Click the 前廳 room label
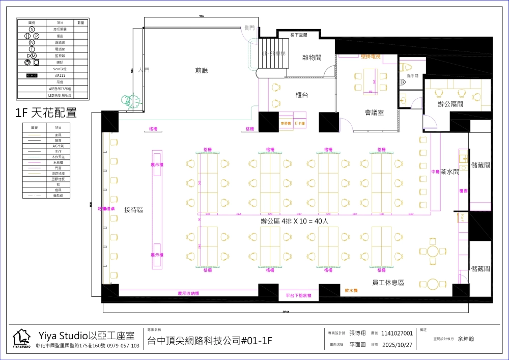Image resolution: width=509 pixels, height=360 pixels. click(202, 70)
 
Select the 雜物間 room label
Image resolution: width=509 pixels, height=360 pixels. click(312, 58)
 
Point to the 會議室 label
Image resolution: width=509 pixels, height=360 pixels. click(374, 112)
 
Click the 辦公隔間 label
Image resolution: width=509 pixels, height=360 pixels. click(450, 104)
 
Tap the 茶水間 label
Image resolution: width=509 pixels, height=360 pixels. click(449, 172)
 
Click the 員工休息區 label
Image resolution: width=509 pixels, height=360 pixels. click(387, 282)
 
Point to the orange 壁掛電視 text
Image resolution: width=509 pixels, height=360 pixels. click(371, 57)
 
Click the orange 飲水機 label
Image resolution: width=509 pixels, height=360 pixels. click(351, 290)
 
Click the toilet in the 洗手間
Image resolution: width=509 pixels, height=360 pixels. click(407, 67)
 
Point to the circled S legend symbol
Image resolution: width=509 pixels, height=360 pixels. click(32, 30)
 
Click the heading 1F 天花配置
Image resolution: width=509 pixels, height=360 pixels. click(46, 113)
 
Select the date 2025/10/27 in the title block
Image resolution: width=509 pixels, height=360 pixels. click(397, 345)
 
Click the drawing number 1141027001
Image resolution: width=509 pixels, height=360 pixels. click(397, 333)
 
